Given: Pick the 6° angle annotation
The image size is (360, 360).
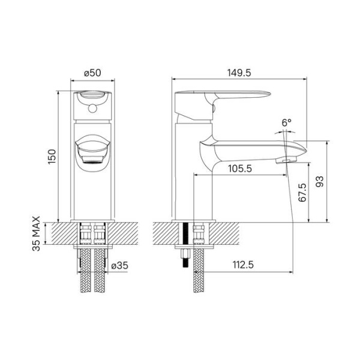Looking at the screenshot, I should click(286, 122).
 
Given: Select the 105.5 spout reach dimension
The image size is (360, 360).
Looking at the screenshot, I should click(239, 169).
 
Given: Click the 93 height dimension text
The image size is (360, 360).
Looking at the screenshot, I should click(320, 181).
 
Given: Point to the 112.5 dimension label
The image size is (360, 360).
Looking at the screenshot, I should click(242, 265).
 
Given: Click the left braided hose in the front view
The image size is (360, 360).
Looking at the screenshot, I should click(82, 270).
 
